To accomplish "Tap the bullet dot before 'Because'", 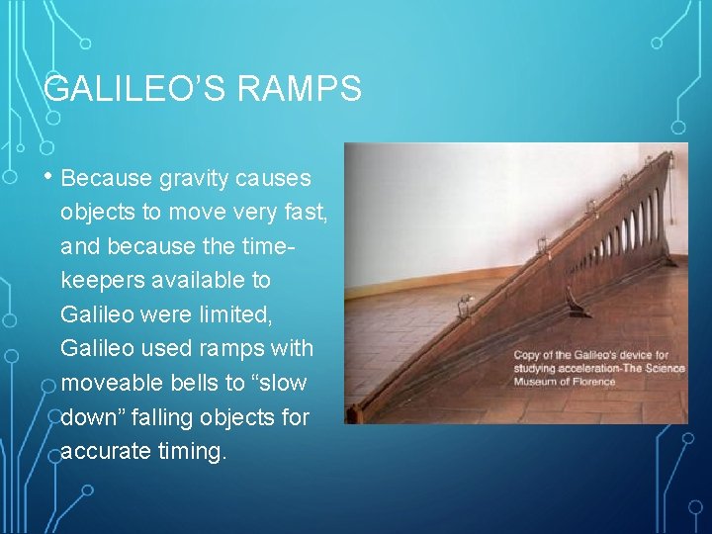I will click(50, 178).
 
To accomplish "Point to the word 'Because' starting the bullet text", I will click(105, 179).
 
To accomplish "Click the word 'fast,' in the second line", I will click(304, 213).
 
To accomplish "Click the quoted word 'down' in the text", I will click(90, 416).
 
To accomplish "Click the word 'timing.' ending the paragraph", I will click(193, 451).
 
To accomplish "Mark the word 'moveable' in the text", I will click(103, 383).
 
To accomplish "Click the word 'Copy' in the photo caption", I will click(531, 355).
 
